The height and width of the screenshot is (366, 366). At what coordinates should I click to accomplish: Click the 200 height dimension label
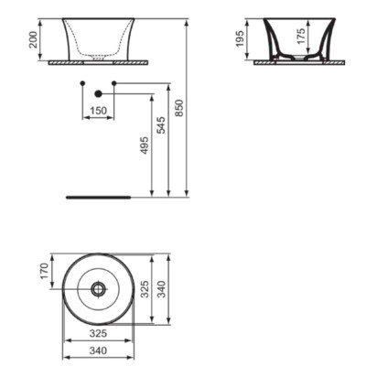[33, 39]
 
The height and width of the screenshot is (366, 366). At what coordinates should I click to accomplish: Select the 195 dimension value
[240, 38]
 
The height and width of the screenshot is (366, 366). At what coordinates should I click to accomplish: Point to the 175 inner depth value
[301, 37]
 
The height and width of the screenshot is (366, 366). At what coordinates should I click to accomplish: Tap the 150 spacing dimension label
[99, 111]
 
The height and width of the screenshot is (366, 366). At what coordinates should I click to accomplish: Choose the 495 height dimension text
[145, 145]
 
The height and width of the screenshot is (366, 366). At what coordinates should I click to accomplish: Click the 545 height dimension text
[161, 124]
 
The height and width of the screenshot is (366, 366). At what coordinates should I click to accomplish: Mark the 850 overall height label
[179, 108]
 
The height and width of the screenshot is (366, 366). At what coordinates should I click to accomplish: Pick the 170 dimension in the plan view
[44, 271]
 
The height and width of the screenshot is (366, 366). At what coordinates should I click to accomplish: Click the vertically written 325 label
[145, 289]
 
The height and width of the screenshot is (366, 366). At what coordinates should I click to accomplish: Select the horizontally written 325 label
[98, 333]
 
